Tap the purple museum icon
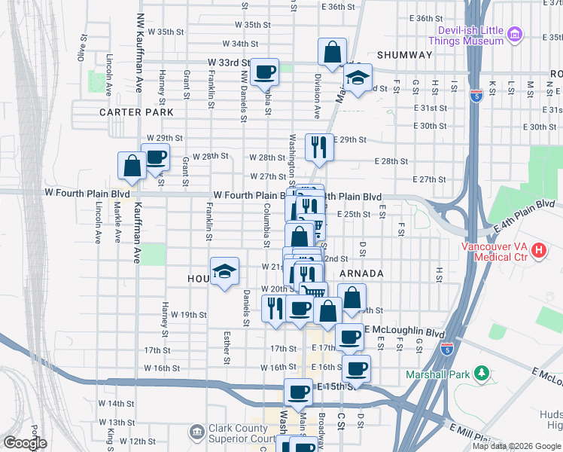pos(515,34)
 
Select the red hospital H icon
pos(538,251)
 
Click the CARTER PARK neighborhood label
pos(136,112)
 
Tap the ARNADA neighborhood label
pos(362,273)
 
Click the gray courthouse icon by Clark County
pos(196,432)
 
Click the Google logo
pos(25,443)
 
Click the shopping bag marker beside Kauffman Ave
pos(132,166)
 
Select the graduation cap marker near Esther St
pos(224,272)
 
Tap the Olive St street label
pos(80,52)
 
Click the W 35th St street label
pos(166,32)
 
